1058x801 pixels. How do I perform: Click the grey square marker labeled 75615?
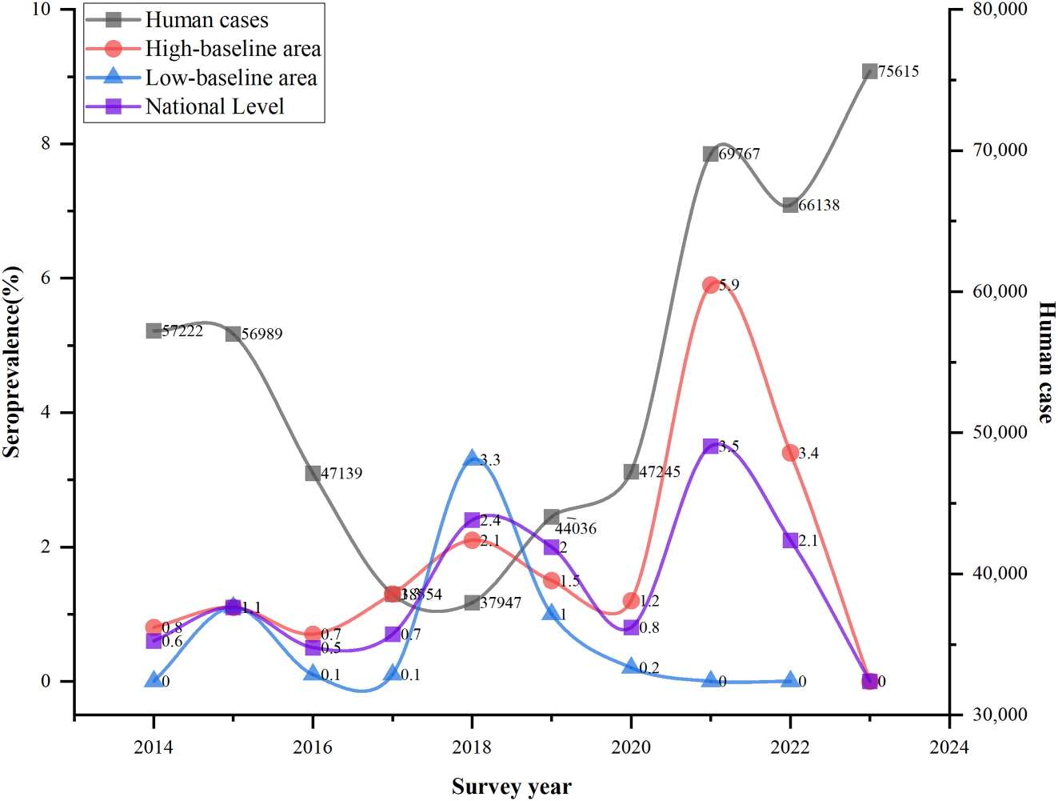click(870, 72)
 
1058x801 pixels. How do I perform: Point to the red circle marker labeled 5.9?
click(711, 285)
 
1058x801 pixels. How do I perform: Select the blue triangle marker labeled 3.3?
click(472, 459)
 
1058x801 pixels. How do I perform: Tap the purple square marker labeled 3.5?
click(711, 446)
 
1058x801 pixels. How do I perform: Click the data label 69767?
click(739, 154)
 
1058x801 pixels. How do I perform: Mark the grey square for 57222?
click(154, 330)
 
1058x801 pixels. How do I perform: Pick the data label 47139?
click(341, 474)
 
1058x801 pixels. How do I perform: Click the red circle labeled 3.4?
click(790, 453)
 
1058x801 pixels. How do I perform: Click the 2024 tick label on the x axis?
click(949, 747)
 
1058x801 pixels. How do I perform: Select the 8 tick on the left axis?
click(45, 143)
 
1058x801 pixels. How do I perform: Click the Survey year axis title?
click(512, 787)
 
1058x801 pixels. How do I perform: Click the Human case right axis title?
click(1045, 362)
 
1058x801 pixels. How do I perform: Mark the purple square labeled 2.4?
click(472, 521)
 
